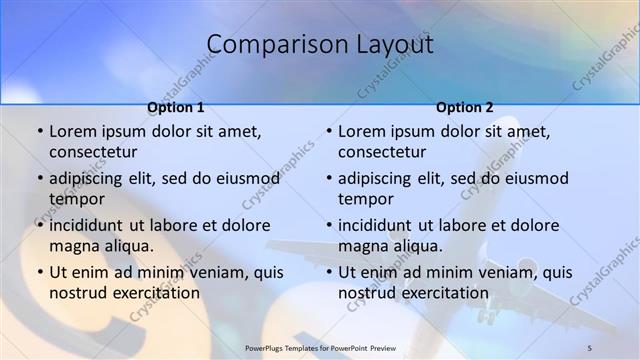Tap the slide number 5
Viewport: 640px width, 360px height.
[589, 346]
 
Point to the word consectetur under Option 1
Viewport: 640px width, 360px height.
[93, 152]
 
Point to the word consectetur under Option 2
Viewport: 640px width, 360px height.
[382, 152]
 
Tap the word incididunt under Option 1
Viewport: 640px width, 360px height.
[93, 226]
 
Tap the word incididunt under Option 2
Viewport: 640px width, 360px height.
[382, 226]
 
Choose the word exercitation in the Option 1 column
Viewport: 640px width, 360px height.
[154, 293]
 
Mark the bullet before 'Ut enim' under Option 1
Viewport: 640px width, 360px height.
[40, 273]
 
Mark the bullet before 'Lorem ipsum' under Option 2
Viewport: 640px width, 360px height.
[329, 132]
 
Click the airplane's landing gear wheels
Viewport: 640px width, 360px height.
[486, 315]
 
